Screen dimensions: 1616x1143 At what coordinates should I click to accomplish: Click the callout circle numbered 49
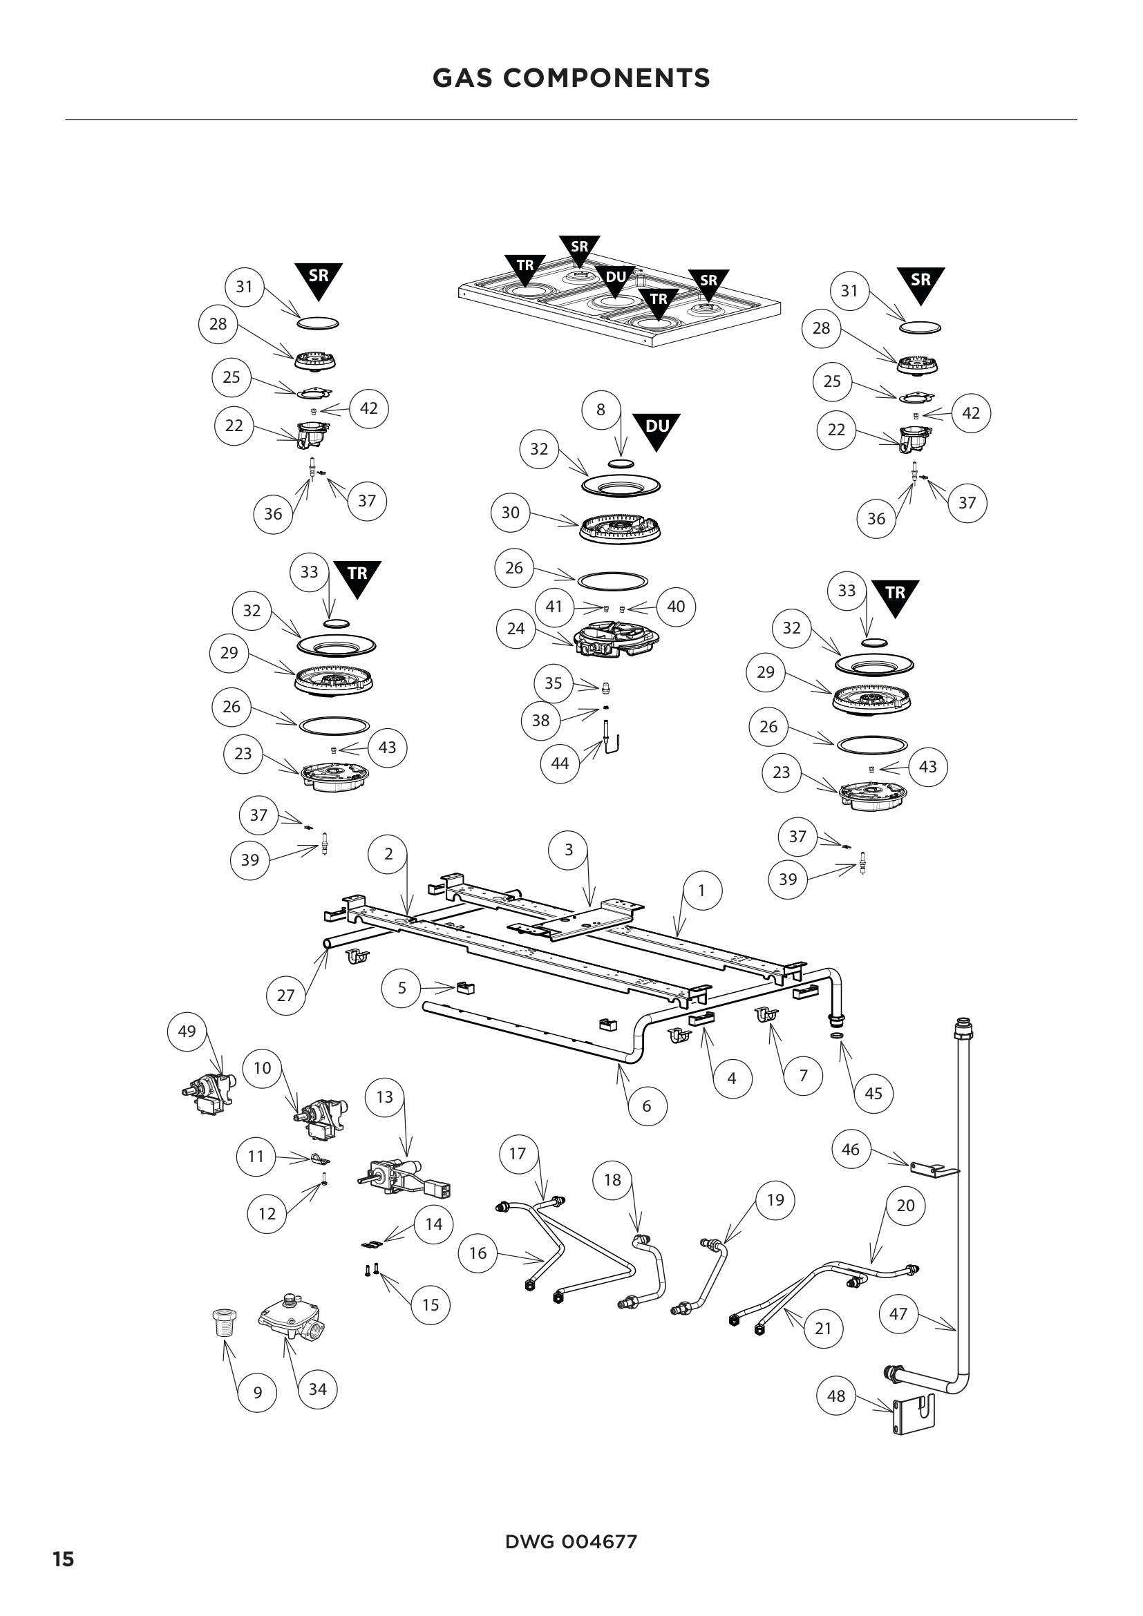[187, 1032]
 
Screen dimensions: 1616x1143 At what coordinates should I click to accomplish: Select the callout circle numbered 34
[317, 1389]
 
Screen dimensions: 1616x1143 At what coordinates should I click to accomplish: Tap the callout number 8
[601, 410]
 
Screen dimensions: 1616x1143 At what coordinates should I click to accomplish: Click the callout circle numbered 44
[560, 763]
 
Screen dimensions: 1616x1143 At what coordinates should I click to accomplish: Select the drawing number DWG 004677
[571, 1542]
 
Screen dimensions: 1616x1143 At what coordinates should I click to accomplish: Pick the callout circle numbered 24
[516, 629]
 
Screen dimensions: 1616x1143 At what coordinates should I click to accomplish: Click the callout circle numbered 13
[384, 1096]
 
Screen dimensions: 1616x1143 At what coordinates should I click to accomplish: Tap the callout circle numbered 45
[873, 1094]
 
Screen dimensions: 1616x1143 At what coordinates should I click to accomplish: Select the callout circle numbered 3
[569, 850]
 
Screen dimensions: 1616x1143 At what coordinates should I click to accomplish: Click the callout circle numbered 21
[823, 1329]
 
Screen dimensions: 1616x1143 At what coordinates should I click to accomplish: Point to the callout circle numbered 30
[510, 513]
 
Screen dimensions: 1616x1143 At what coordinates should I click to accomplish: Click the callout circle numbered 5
[402, 988]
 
